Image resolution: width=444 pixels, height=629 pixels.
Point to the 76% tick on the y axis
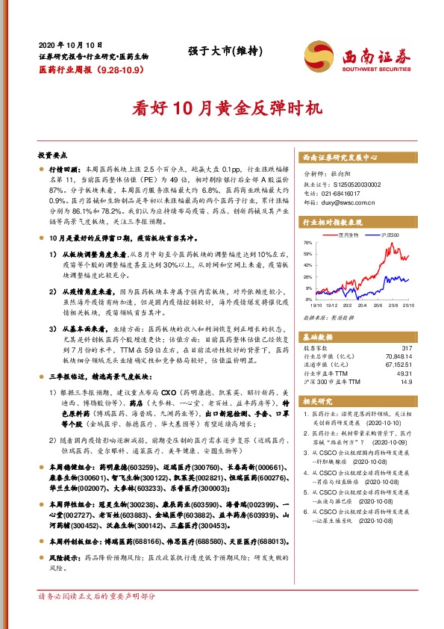[x=307, y=243]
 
